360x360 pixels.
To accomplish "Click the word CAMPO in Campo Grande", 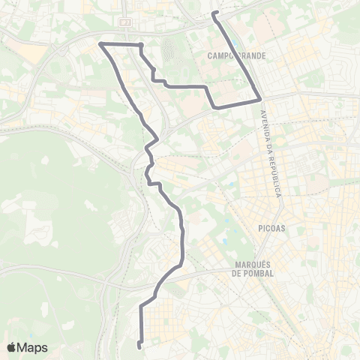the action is point(222,55).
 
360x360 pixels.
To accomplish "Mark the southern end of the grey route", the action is point(140,346).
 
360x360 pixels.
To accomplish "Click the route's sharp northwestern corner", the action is point(101,44).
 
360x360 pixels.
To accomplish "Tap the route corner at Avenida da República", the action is point(261,98).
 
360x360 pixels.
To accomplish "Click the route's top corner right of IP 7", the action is point(140,46).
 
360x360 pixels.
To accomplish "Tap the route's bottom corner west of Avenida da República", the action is point(216,107).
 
